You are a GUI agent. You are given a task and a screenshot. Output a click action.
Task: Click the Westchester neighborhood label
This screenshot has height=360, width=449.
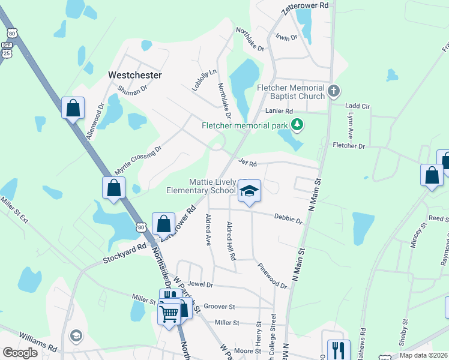point(134,75)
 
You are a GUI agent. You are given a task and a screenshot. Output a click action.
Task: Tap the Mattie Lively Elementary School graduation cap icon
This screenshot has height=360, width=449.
point(249,191)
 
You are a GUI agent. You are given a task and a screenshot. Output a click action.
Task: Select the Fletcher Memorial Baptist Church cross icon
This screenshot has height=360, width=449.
point(334,92)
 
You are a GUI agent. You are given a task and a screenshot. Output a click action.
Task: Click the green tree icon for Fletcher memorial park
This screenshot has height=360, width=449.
point(296,124)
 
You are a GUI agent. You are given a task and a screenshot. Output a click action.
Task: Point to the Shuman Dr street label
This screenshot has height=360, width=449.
point(132,90)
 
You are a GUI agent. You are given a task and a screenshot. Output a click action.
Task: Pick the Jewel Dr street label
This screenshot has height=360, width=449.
point(200,283)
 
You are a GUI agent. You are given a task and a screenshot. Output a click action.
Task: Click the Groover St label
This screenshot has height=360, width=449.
point(219,306)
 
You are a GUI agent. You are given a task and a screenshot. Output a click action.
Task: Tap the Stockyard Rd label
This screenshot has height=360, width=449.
point(124,253)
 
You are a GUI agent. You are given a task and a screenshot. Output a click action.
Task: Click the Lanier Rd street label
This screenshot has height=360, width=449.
point(280,112)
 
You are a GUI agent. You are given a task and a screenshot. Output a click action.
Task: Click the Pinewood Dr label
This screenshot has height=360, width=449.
point(273,275)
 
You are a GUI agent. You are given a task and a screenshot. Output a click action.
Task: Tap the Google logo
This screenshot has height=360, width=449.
point(20,352)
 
